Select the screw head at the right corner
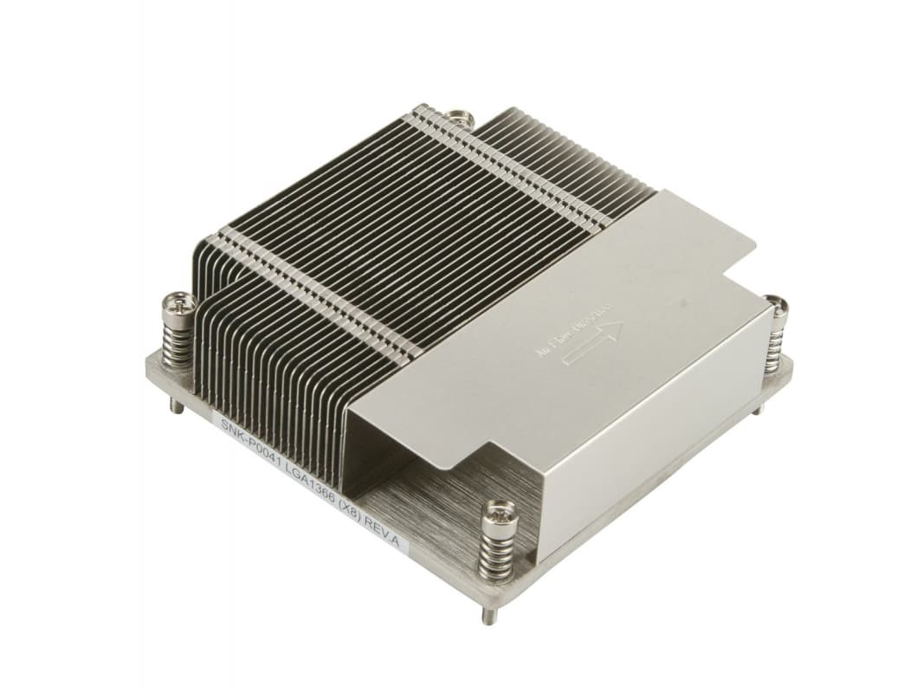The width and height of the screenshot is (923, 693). point(777,306)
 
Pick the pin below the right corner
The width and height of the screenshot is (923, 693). point(758,405)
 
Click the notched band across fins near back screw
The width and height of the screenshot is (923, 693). point(485,156)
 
